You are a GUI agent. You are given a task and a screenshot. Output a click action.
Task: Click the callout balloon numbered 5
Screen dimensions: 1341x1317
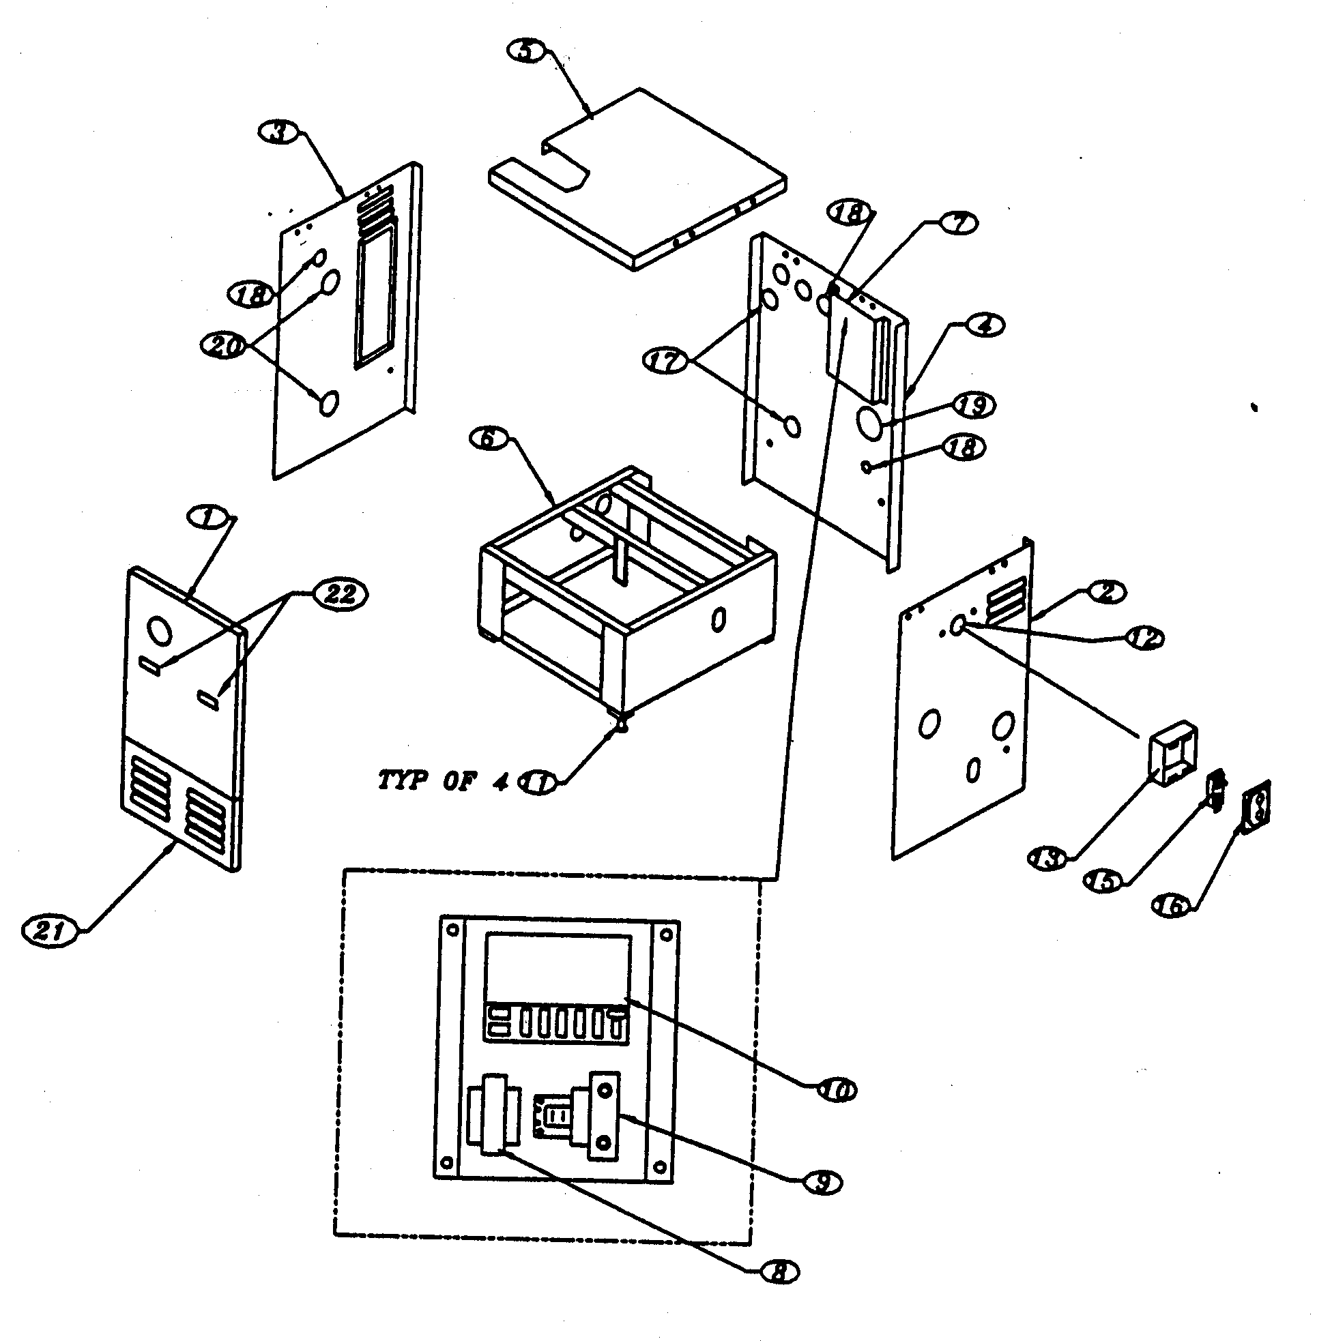[527, 52]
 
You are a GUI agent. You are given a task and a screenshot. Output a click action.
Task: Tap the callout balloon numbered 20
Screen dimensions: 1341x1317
[222, 345]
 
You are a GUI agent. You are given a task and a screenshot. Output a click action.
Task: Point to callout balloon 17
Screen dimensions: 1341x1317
[665, 362]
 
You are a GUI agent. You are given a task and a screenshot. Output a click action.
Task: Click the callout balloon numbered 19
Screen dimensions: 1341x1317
[974, 405]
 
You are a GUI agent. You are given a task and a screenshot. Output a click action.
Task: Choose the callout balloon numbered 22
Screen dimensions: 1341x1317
[340, 594]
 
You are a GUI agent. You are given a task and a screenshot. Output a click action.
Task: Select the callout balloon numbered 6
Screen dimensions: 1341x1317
[489, 438]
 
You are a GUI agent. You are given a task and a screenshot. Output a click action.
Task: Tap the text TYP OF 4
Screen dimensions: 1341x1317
[442, 780]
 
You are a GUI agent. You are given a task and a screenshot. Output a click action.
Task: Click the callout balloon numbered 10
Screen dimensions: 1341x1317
[835, 1091]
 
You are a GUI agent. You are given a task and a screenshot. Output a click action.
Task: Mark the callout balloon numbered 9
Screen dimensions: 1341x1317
[822, 1183]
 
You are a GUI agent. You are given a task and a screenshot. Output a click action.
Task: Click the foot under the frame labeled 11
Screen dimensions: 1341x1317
[622, 726]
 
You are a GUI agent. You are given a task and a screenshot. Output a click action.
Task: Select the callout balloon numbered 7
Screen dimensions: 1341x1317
[957, 223]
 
